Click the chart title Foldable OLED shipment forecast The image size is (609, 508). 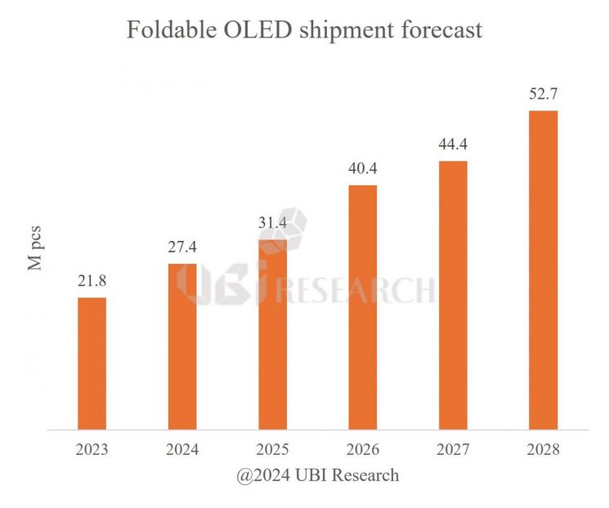click(x=304, y=30)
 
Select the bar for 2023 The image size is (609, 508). click(x=92, y=363)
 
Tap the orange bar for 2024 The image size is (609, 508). click(x=182, y=345)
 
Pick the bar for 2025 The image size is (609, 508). click(x=272, y=333)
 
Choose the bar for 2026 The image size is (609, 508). click(x=363, y=306)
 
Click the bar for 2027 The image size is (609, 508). click(x=453, y=294)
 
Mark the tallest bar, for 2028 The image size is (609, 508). click(x=543, y=269)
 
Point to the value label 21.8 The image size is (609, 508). click(x=92, y=281)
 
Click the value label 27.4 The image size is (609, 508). click(x=182, y=247)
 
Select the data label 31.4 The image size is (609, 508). click(x=272, y=223)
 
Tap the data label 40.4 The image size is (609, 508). click(x=363, y=169)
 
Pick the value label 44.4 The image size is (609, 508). click(x=453, y=145)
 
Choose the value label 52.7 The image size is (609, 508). click(x=543, y=95)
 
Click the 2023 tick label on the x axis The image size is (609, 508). click(x=92, y=450)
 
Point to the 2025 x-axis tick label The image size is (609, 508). click(x=272, y=450)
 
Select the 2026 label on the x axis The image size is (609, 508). click(x=363, y=450)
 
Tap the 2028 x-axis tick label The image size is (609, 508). click(x=543, y=450)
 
